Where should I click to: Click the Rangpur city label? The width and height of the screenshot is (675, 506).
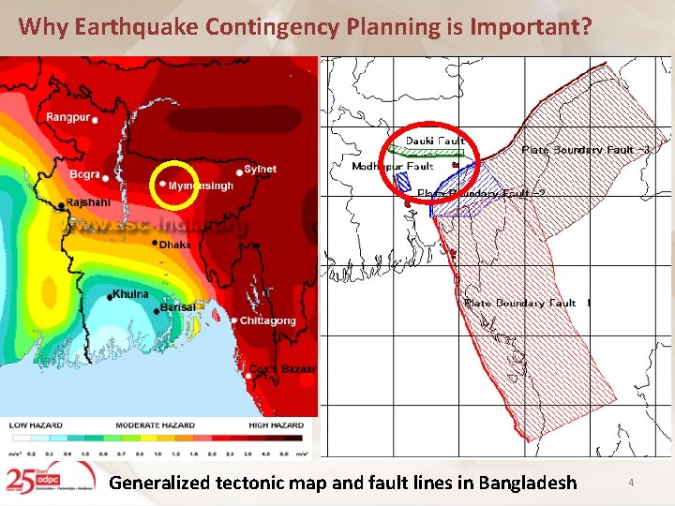click(67, 117)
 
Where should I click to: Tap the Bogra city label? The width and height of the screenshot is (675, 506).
click(84, 174)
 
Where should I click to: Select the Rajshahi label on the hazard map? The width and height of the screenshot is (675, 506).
click(88, 202)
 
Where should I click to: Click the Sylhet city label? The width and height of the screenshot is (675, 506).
click(260, 169)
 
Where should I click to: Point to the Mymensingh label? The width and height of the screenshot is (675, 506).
click(201, 186)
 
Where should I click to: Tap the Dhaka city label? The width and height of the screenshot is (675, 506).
click(174, 244)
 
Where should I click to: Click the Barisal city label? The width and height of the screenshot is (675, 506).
click(177, 306)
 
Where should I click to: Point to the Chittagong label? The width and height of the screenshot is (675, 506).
click(267, 320)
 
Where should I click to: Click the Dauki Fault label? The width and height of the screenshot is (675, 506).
click(434, 141)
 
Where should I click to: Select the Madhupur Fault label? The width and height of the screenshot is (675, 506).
click(392, 166)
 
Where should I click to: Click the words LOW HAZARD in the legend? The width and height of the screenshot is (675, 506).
click(36, 425)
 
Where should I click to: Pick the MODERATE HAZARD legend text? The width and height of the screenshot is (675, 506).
click(155, 425)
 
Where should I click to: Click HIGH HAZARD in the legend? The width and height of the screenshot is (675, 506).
click(275, 425)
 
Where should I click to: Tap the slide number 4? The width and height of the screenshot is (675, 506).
click(631, 483)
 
